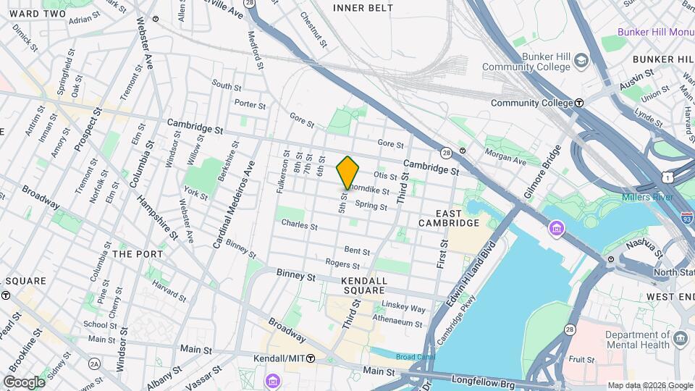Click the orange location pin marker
point(348,172)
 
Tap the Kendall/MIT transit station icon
point(311,358)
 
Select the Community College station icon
point(579,103)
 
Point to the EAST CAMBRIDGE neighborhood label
point(449,218)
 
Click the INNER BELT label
point(363,8)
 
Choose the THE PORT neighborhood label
point(138,254)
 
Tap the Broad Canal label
point(414,357)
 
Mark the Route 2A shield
point(94,363)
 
